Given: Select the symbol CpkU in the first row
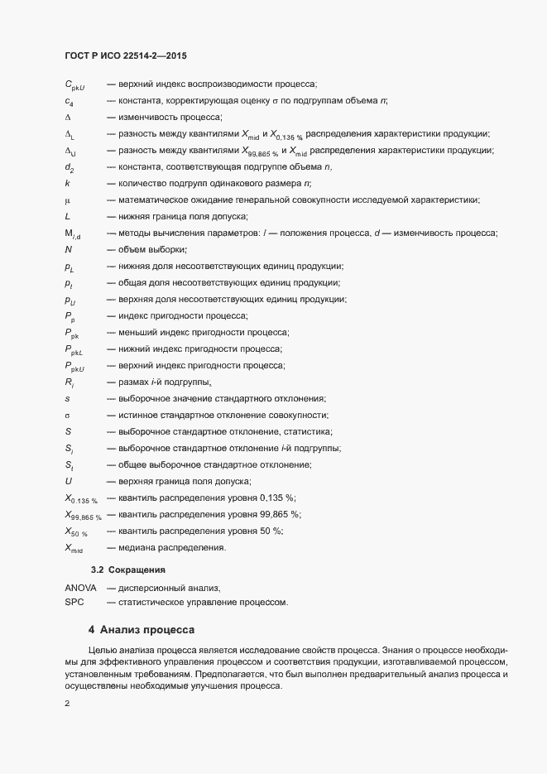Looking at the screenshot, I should pos(75,84).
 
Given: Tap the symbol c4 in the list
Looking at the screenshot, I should pos(69,101).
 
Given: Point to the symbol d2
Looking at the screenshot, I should pos(70,166).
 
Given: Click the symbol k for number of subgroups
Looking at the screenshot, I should pos(67,182).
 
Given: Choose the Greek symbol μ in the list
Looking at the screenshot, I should pos(67,200).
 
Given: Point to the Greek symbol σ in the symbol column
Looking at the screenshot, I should pos(67,415).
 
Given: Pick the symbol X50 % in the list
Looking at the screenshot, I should pos(76,531).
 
